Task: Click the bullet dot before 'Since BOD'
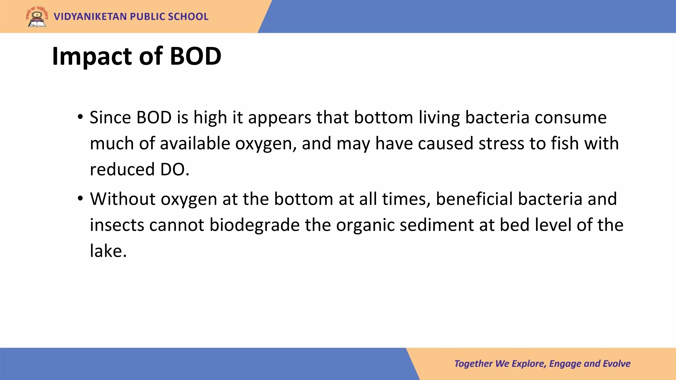(80, 116)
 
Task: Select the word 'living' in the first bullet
(439, 118)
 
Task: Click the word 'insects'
(117, 225)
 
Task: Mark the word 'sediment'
(437, 225)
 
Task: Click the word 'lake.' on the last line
(108, 251)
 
